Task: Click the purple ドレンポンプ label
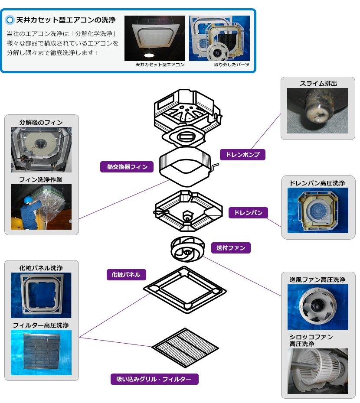(242, 155)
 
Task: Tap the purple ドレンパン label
(248, 213)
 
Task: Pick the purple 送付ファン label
(231, 248)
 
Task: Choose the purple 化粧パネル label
(126, 275)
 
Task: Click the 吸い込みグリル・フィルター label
(154, 379)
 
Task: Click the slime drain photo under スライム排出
(317, 110)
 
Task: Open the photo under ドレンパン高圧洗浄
(317, 210)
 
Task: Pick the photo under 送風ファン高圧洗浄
(317, 306)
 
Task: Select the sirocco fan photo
(317, 371)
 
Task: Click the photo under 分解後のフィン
(41, 149)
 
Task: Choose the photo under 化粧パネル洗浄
(41, 295)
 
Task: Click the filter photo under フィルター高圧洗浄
(41, 352)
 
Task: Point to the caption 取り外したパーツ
(232, 65)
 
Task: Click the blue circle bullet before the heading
(10, 20)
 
